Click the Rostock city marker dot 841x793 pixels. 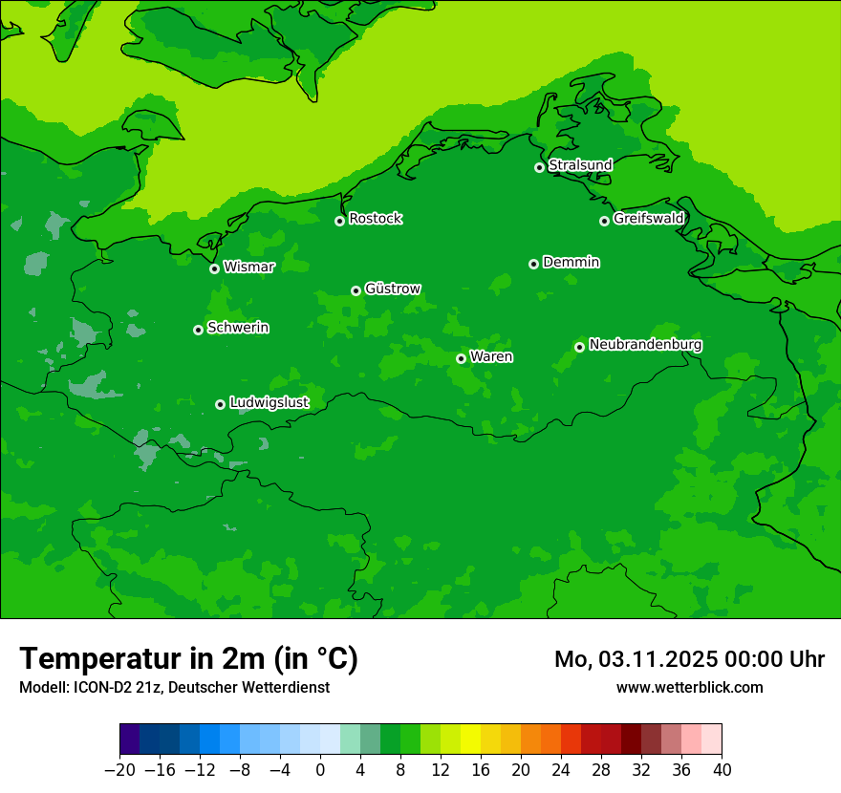click(x=339, y=221)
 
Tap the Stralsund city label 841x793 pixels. click(x=580, y=165)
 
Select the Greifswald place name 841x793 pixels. click(x=649, y=219)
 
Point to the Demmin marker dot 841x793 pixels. click(x=533, y=264)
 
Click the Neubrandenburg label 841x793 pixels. click(x=645, y=345)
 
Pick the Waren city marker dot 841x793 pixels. click(x=461, y=358)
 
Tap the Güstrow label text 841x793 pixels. click(x=393, y=289)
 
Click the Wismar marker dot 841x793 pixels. click(x=214, y=268)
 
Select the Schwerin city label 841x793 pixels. click(x=238, y=328)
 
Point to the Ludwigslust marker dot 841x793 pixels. click(x=220, y=404)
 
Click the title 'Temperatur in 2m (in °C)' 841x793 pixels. click(x=188, y=659)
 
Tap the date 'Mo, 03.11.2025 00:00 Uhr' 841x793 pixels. click(x=689, y=659)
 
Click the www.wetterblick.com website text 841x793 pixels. click(x=689, y=687)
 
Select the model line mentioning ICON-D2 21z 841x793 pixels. click(x=174, y=687)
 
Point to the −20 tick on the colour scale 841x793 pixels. click(x=119, y=770)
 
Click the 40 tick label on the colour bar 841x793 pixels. click(x=722, y=770)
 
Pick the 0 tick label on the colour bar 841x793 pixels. click(x=320, y=770)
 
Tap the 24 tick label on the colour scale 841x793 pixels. click(x=561, y=770)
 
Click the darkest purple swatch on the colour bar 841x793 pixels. click(x=129, y=739)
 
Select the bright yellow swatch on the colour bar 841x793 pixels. click(x=470, y=739)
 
